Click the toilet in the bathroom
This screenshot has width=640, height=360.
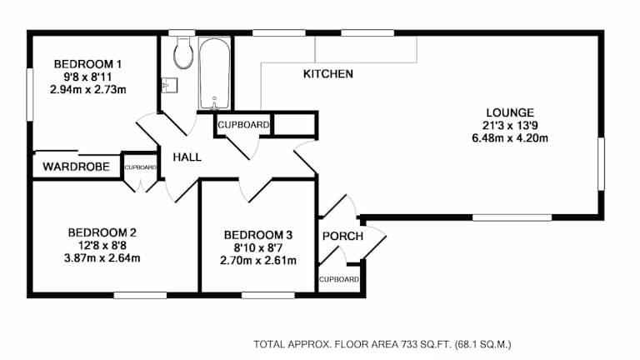(183, 52)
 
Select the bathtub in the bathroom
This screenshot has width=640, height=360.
(214, 73)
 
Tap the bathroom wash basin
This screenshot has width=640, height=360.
(169, 85)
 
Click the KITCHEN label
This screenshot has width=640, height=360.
(328, 74)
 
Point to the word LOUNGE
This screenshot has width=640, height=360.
(510, 112)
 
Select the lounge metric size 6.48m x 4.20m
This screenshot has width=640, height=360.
(510, 138)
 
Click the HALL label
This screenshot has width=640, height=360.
(187, 157)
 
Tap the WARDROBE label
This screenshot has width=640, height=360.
(77, 167)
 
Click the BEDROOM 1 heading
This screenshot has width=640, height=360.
(87, 64)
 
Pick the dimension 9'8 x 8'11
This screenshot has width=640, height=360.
(87, 77)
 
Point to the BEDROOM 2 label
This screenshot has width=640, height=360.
(102, 232)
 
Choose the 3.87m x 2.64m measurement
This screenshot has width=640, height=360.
(102, 258)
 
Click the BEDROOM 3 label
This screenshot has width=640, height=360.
(258, 235)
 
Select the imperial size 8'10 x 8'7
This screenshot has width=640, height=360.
(258, 247)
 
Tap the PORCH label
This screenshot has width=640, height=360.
(342, 237)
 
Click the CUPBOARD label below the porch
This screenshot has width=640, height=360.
(339, 280)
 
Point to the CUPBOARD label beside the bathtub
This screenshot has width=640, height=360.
(243, 125)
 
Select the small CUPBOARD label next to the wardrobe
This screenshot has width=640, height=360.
(140, 167)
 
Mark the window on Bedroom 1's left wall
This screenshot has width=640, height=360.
(29, 94)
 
